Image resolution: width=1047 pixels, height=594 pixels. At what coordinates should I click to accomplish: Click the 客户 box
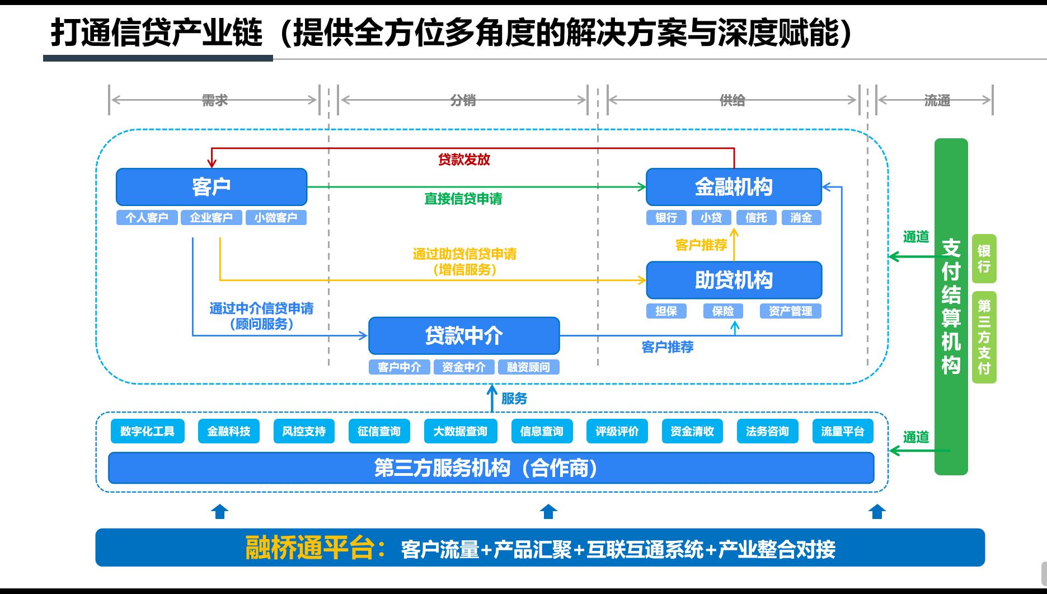pyautogui.click(x=212, y=187)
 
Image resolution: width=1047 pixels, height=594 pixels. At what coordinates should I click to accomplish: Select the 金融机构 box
pyautogui.click(x=734, y=187)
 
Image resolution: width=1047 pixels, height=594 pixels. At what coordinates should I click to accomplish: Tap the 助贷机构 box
pyautogui.click(x=734, y=280)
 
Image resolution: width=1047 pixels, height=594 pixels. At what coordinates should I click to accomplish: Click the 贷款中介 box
pyautogui.click(x=464, y=336)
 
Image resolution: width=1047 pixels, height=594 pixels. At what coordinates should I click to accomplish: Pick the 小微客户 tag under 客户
pyautogui.click(x=276, y=218)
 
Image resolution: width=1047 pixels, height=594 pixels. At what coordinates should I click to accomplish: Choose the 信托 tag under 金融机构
pyautogui.click(x=756, y=218)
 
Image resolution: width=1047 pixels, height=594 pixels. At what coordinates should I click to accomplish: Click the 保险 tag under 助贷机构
pyautogui.click(x=722, y=311)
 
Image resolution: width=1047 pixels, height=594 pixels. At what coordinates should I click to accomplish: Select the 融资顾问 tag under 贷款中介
pyautogui.click(x=528, y=367)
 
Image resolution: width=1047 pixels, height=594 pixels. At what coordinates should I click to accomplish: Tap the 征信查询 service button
pyautogui.click(x=379, y=431)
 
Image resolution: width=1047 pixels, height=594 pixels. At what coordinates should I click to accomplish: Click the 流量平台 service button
pyautogui.click(x=842, y=431)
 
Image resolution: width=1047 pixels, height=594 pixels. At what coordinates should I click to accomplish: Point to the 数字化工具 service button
pyautogui.click(x=147, y=431)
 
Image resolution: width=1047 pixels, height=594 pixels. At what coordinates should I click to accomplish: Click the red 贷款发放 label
pyautogui.click(x=464, y=160)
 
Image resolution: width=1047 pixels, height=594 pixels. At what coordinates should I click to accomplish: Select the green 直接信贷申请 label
pyautogui.click(x=463, y=199)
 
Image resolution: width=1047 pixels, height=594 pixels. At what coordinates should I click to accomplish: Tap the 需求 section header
pyautogui.click(x=215, y=100)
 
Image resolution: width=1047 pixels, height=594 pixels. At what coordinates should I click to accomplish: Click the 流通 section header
pyautogui.click(x=937, y=101)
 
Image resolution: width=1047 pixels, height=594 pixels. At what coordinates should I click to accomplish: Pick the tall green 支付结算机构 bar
pyautogui.click(x=951, y=306)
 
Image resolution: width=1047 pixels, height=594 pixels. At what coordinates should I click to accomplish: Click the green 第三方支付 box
pyautogui.click(x=984, y=336)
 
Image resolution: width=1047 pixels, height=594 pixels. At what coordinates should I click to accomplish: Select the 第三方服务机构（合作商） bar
pyautogui.click(x=491, y=468)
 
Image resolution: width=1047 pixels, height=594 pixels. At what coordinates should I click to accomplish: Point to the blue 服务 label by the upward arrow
pyautogui.click(x=514, y=399)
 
